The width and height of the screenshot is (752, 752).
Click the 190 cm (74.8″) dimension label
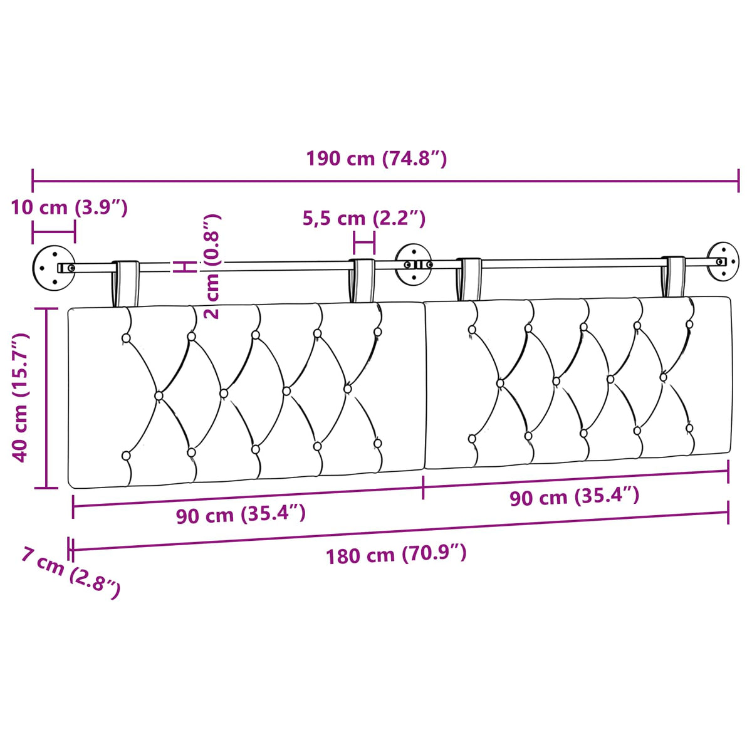tap(376, 159)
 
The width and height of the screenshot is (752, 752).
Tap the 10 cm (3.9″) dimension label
tap(70, 207)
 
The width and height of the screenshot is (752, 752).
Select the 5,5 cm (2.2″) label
tap(363, 219)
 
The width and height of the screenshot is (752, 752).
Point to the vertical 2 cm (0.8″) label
tap(212, 266)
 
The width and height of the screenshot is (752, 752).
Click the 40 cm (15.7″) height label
tap(19, 398)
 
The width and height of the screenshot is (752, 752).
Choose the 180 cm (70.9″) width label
tap(395, 555)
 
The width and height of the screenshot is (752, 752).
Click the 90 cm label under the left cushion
tap(241, 514)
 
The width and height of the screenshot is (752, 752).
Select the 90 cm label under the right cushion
tap(575, 497)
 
